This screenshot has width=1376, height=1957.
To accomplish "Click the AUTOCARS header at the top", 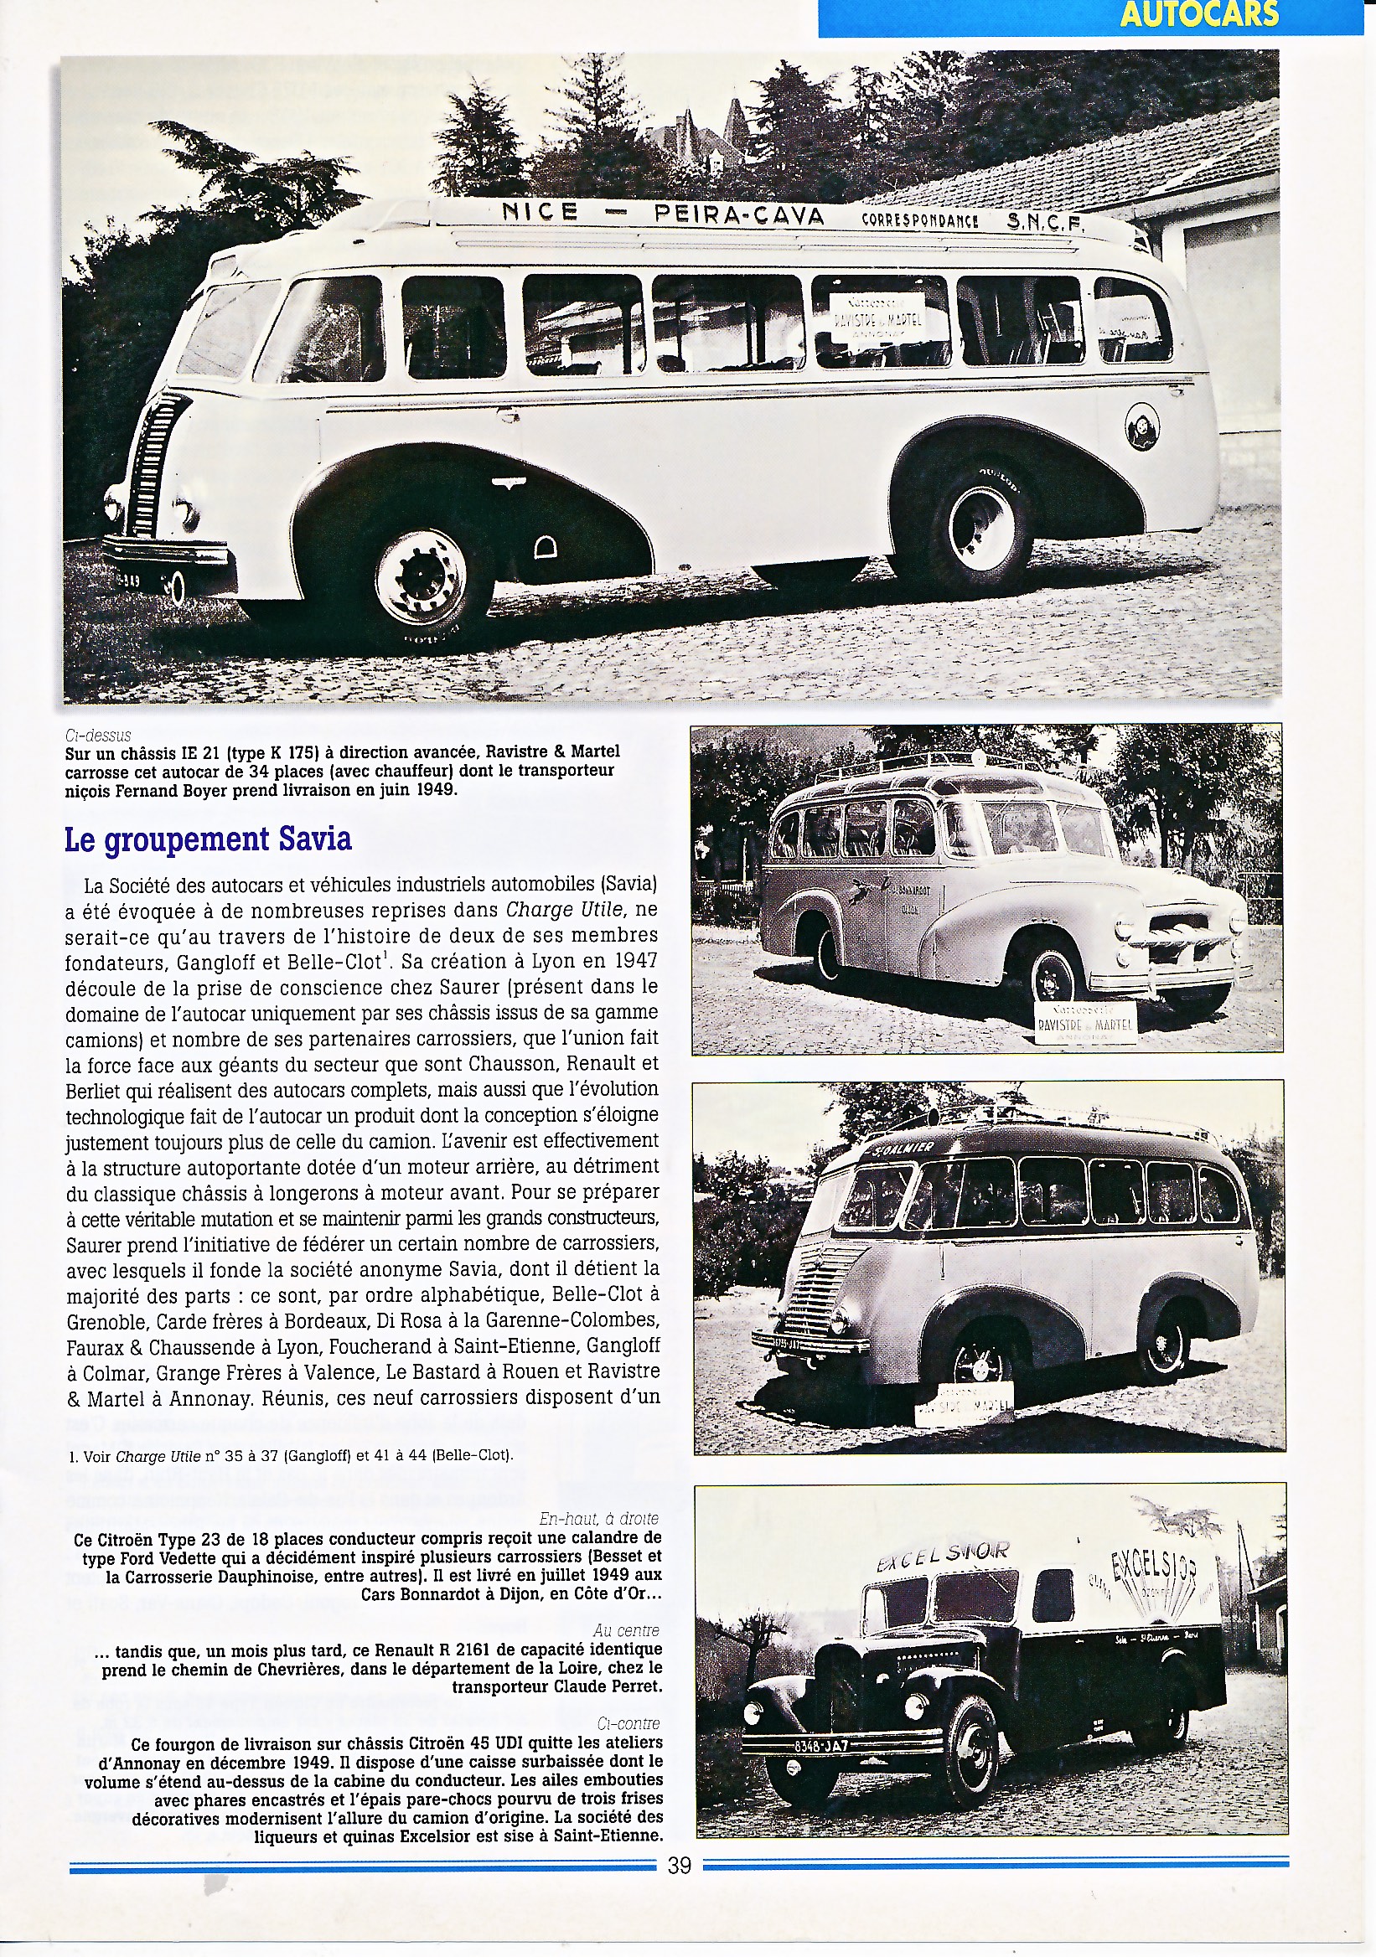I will point(1198,14).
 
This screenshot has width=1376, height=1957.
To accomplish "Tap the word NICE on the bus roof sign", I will point(540,211).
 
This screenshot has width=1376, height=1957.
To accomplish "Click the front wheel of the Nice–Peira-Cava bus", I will point(421,576).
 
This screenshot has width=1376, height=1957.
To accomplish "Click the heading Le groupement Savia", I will point(208,839).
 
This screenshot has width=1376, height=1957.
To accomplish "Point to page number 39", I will point(680,1866).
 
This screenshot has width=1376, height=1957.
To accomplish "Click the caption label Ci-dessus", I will point(97,735).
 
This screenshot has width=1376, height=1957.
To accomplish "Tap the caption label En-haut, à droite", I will point(599,1519).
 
